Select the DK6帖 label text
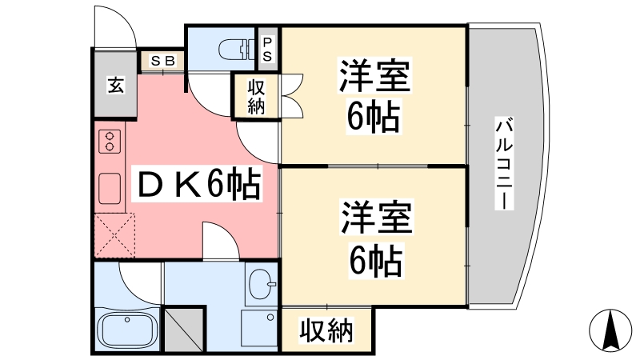tap(195, 185)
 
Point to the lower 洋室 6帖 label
tap(374, 239)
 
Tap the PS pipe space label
tap(267, 49)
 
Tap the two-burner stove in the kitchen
tap(109, 142)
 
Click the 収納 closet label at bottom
tap(326, 330)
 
